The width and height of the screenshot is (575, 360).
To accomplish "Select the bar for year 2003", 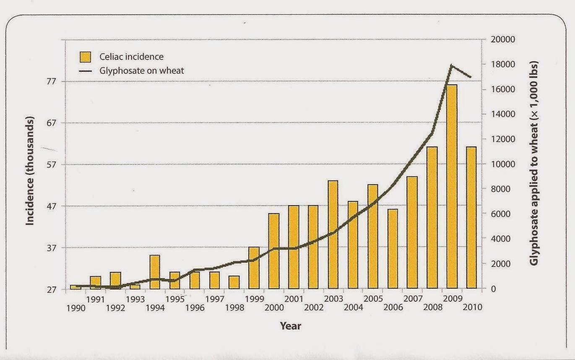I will (x=333, y=235).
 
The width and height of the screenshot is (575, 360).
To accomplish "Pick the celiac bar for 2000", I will (x=274, y=251).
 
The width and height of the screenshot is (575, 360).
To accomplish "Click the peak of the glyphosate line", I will (x=451, y=65).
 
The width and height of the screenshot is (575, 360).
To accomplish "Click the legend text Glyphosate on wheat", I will (x=142, y=70).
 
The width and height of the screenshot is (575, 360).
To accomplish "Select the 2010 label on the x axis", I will (x=472, y=307).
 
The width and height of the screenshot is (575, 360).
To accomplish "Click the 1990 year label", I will (x=75, y=308).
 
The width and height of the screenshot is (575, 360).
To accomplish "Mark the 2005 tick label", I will (x=373, y=299).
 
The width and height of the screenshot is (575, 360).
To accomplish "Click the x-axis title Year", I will (x=290, y=326).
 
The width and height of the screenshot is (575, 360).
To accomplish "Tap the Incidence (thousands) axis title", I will (x=30, y=170).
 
